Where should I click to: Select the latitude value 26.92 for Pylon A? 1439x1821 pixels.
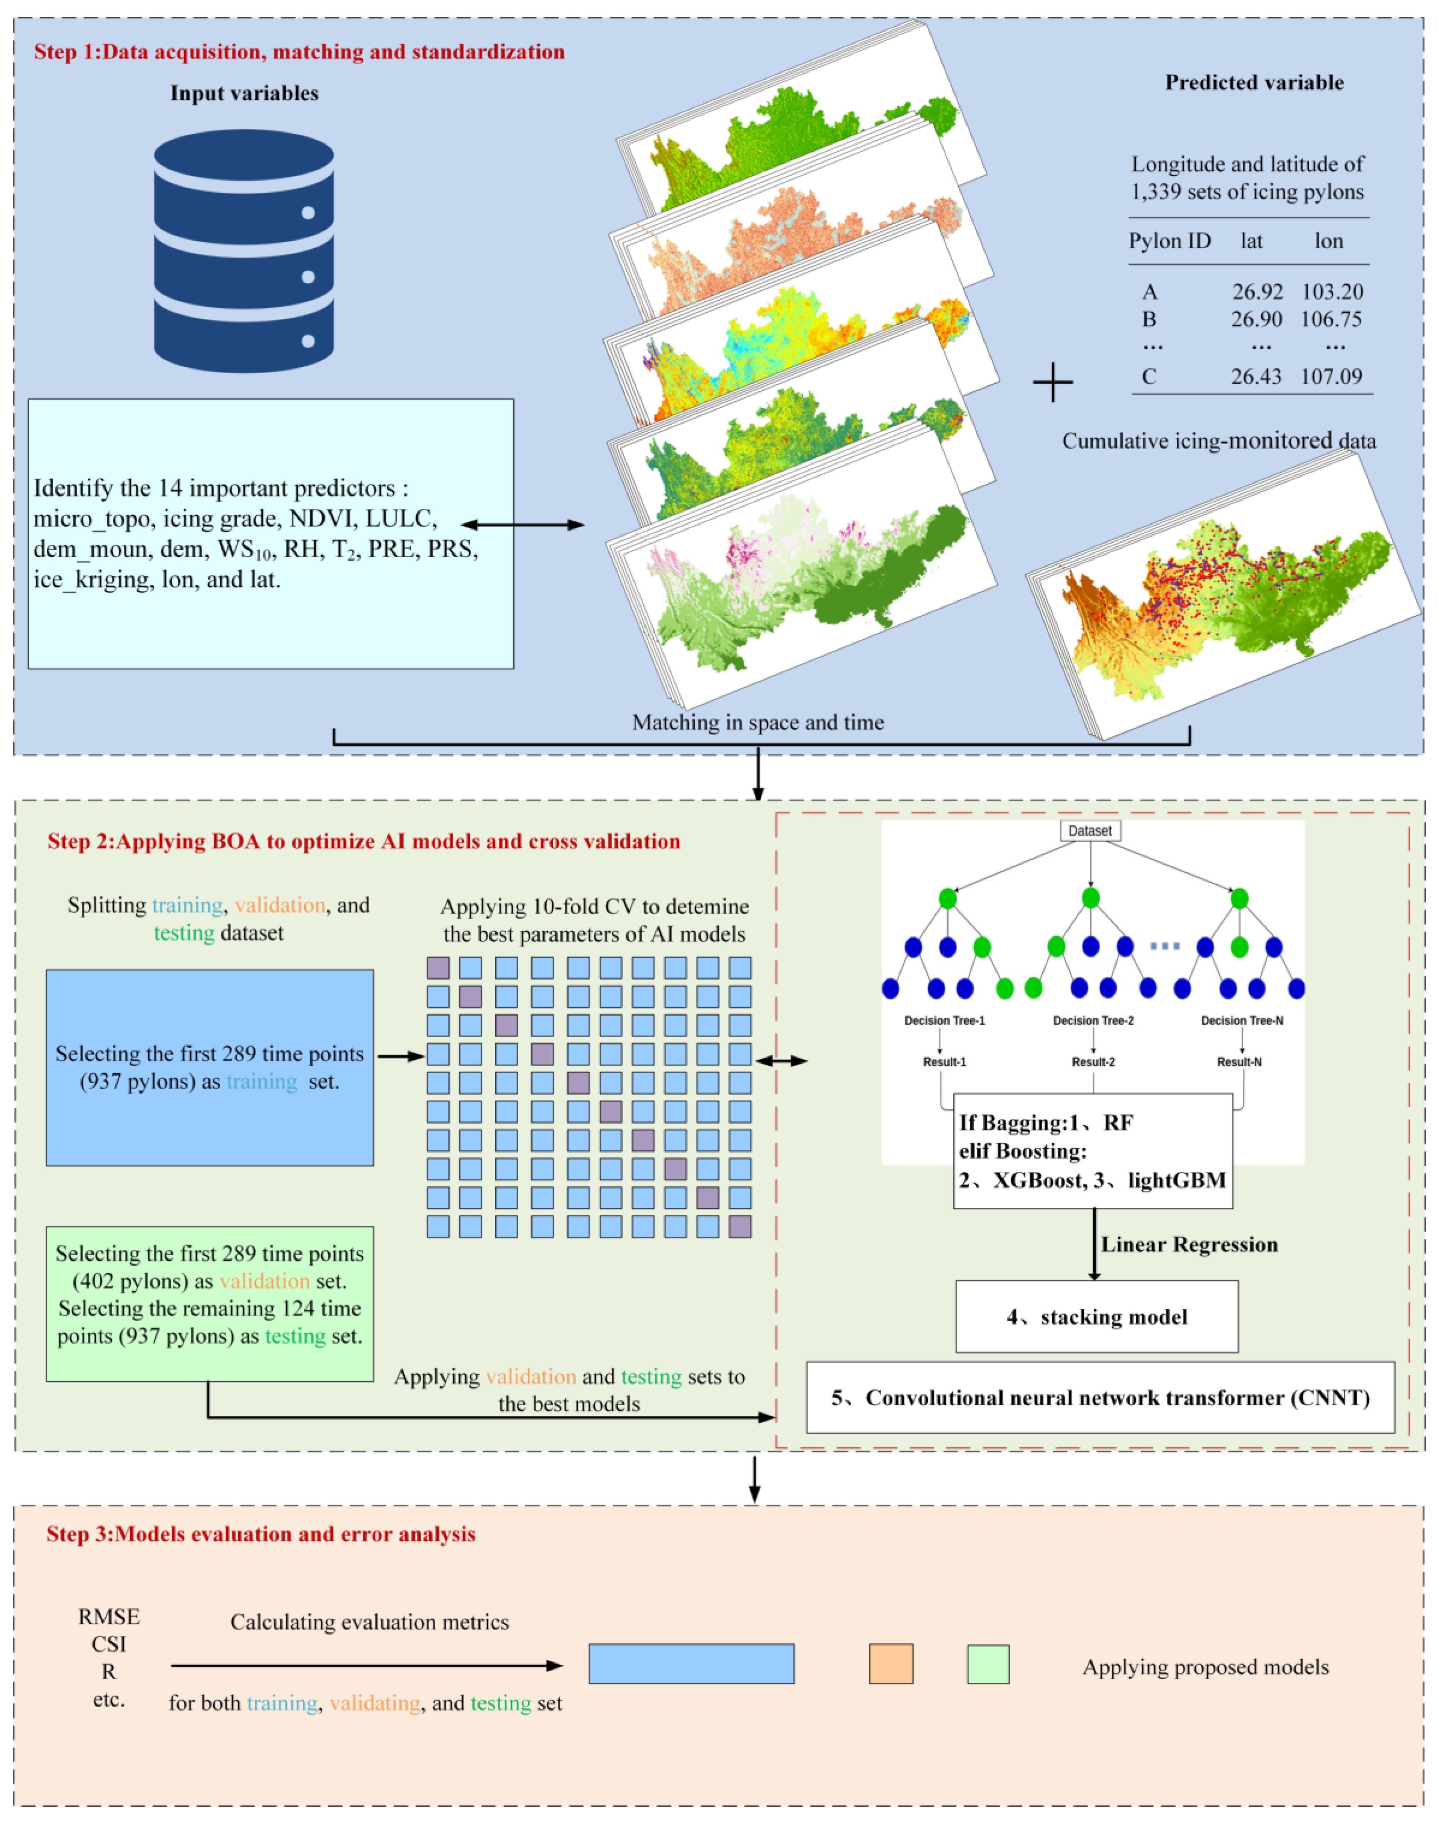pyautogui.click(x=1257, y=292)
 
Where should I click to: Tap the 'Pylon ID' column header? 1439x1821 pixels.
pyautogui.click(x=1170, y=241)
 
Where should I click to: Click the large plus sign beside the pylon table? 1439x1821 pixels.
pyautogui.click(x=1052, y=382)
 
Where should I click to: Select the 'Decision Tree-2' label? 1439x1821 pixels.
pyautogui.click(x=1093, y=1020)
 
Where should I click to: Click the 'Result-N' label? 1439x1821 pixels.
pyautogui.click(x=1239, y=1062)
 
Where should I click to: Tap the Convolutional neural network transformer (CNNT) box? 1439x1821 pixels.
pyautogui.click(x=1100, y=1398)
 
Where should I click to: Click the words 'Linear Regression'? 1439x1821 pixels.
pyautogui.click(x=1189, y=1245)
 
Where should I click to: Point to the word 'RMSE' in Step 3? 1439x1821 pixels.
pyautogui.click(x=109, y=1616)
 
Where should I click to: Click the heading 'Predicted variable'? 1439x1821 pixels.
pyautogui.click(x=1254, y=82)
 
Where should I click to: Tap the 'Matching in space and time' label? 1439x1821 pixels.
pyautogui.click(x=758, y=722)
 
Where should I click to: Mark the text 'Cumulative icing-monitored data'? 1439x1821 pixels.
pyautogui.click(x=1218, y=441)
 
